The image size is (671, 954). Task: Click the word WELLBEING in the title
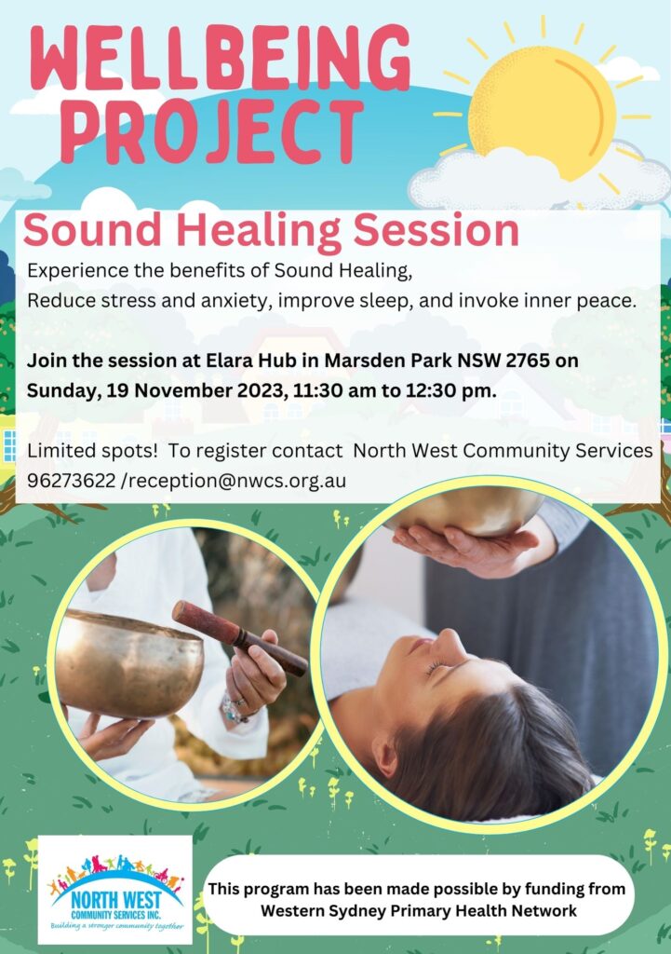(221, 60)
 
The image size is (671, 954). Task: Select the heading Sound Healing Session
(271, 231)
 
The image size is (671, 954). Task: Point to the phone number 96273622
(71, 481)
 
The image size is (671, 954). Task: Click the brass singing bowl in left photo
(128, 663)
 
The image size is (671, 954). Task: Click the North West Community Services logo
(114, 890)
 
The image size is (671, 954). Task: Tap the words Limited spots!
(92, 451)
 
